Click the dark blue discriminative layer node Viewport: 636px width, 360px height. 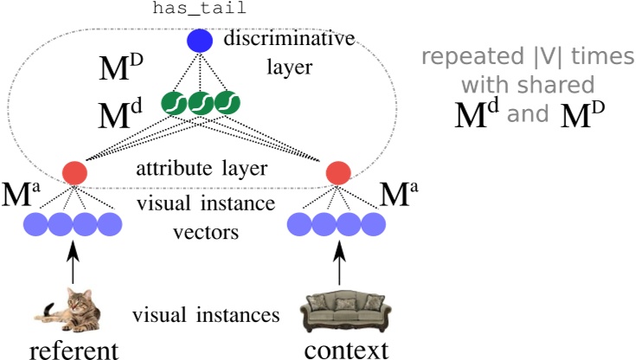coord(200,42)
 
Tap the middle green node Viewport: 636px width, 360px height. coord(201,104)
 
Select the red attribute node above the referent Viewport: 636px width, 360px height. coord(75,172)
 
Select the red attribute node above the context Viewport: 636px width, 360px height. coord(337,173)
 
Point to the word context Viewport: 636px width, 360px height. coord(345,349)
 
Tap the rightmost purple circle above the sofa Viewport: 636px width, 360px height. coord(374,225)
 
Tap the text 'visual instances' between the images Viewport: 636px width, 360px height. coord(206,315)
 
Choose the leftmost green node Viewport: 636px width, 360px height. coord(176,104)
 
